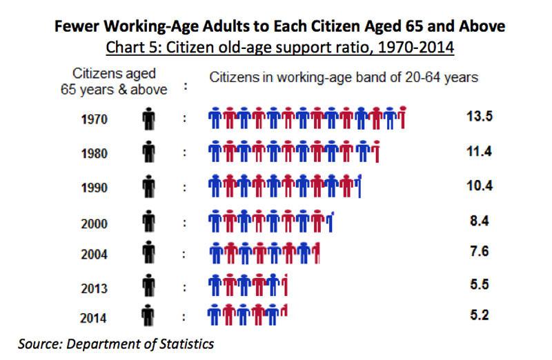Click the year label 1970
coord(94,119)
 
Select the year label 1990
coord(94,187)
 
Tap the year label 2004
coord(94,253)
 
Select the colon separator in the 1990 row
coord(184,187)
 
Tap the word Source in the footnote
coord(38,343)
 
